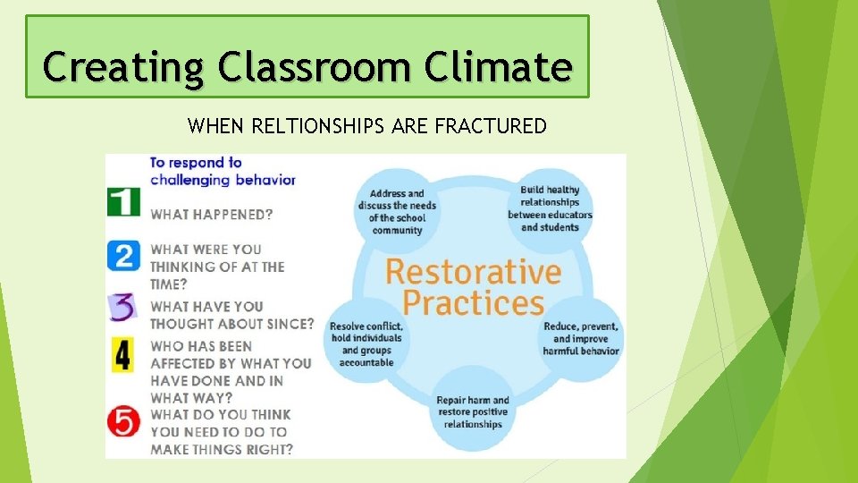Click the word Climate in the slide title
pyautogui.click(x=498, y=66)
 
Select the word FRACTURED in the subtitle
pyautogui.click(x=490, y=127)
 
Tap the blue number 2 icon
pyautogui.click(x=123, y=255)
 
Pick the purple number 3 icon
pyautogui.click(x=123, y=306)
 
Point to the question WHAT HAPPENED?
pyautogui.click(x=212, y=215)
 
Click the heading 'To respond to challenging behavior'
pyautogui.click(x=222, y=171)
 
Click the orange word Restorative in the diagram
pyautogui.click(x=473, y=271)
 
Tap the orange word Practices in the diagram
pyautogui.click(x=473, y=302)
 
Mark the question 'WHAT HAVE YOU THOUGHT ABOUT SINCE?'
pyautogui.click(x=231, y=315)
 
